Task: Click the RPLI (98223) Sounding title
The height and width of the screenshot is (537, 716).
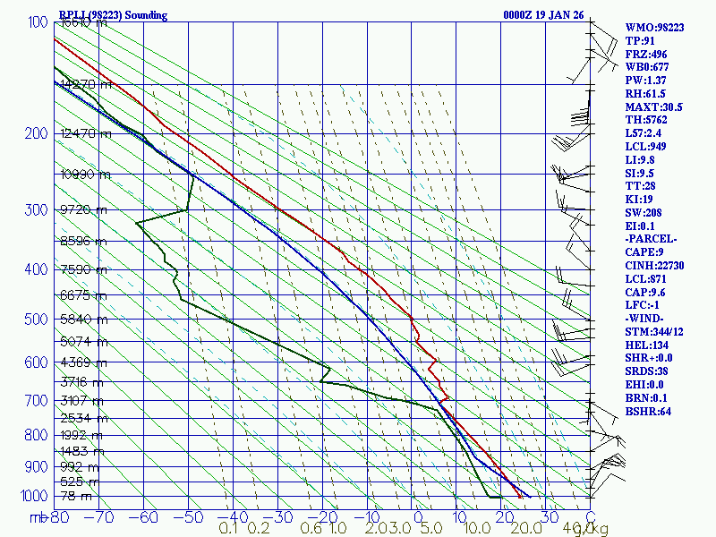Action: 113,15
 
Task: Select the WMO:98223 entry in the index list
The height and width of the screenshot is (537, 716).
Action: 654,28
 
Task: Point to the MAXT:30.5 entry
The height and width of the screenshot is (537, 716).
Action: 654,107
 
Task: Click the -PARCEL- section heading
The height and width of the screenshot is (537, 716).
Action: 652,239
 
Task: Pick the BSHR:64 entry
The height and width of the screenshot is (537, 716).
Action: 647,412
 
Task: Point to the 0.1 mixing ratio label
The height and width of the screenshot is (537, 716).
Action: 228,529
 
